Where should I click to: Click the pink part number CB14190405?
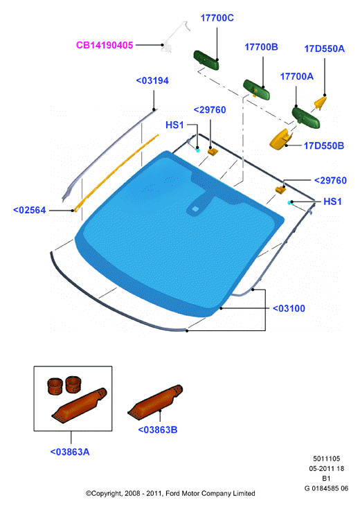pyautogui.click(x=105, y=45)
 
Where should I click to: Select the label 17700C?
pyautogui.click(x=217, y=18)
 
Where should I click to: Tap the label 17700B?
pyautogui.click(x=261, y=47)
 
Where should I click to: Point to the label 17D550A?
pyautogui.click(x=324, y=48)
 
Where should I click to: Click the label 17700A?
pyautogui.click(x=297, y=76)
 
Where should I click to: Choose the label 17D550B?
pyautogui.click(x=324, y=146)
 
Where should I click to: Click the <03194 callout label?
pyautogui.click(x=152, y=80)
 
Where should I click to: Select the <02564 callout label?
pyautogui.click(x=29, y=210)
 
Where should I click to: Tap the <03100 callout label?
pyautogui.click(x=289, y=308)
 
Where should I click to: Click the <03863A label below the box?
pyautogui.click(x=70, y=452)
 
